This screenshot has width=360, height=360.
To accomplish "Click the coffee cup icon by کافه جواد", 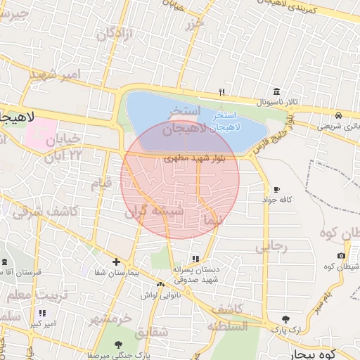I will (276, 189).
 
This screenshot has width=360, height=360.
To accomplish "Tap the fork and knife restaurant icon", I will (222, 92).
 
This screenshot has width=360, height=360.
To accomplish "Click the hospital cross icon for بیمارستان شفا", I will (116, 262).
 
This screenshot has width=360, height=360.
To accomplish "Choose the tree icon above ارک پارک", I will (285, 319).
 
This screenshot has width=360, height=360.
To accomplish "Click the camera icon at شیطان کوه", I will (341, 255).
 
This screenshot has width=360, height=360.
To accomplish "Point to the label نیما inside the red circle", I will (212, 220).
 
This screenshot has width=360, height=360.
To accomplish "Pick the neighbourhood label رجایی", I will (271, 246).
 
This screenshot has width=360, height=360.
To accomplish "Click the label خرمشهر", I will (110, 319).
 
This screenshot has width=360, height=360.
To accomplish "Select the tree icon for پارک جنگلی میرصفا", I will (117, 345).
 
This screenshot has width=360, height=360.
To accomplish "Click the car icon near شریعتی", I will (339, 115).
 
